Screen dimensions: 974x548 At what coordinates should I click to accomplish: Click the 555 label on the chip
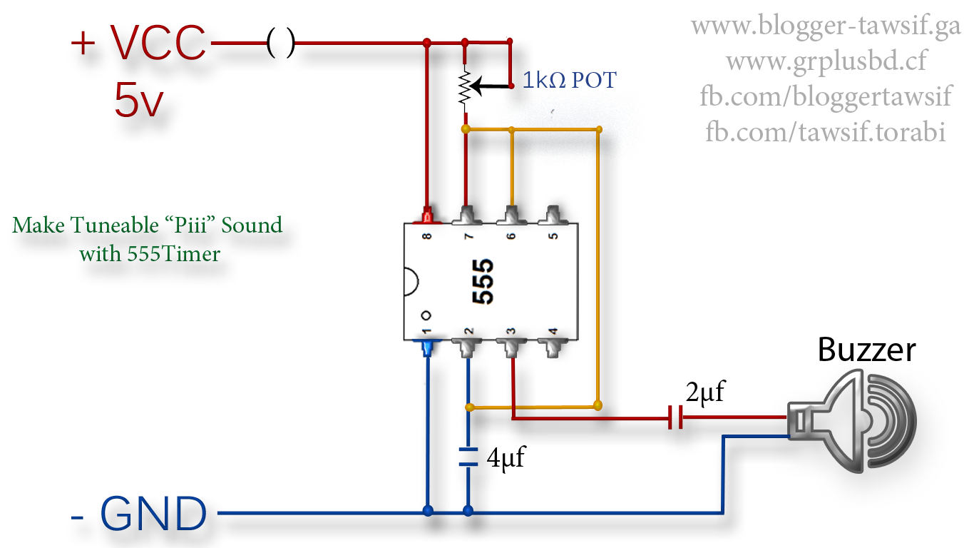tap(483, 282)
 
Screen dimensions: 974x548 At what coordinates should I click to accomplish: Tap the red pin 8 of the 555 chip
tap(427, 215)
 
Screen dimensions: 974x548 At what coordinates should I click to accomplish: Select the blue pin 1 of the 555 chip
tap(427, 347)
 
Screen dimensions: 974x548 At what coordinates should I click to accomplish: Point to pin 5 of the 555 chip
tap(553, 215)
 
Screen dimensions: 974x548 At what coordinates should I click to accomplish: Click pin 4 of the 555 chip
tap(553, 347)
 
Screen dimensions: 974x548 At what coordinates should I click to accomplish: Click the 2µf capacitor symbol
tap(675, 417)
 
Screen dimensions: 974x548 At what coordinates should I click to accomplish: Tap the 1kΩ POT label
tap(569, 80)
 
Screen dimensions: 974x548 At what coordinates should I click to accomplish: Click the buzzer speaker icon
tap(852, 421)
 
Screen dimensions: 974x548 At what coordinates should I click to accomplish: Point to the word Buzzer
tap(866, 350)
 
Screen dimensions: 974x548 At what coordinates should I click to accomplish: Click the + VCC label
tap(138, 42)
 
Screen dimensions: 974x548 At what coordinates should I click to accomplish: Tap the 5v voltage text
tap(139, 101)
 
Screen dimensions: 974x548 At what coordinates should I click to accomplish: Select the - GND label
tap(139, 514)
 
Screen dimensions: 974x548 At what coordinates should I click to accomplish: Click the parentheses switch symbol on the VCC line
tap(280, 43)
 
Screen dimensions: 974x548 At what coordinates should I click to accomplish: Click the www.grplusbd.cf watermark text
tap(826, 61)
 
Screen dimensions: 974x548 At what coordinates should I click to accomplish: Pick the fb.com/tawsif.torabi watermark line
tap(825, 131)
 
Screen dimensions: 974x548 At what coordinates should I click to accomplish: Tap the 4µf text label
tap(506, 458)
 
